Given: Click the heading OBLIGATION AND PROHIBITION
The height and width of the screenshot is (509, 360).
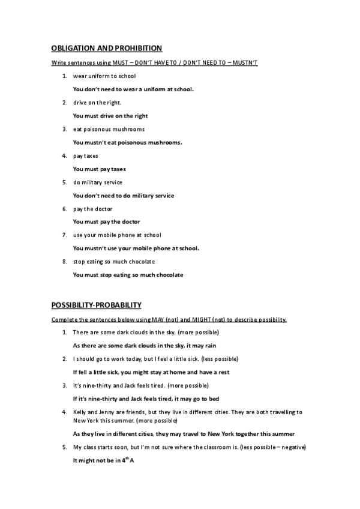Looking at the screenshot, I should [x=106, y=48].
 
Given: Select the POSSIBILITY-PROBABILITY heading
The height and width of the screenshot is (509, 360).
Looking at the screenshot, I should [x=96, y=305].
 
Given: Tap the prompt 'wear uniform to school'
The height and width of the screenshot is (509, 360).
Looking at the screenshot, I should [x=104, y=76].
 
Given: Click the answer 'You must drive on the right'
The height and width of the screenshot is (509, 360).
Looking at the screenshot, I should [x=110, y=116].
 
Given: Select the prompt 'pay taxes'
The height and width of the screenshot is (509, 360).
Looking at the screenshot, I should [x=85, y=155].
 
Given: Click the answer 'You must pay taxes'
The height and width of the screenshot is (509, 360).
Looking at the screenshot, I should [x=99, y=169].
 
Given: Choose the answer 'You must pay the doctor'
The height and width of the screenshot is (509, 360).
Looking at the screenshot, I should [x=106, y=221].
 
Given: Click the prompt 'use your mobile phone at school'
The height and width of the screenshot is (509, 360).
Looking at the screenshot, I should [x=117, y=235].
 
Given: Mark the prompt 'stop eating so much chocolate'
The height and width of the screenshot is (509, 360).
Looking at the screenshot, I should [x=113, y=261].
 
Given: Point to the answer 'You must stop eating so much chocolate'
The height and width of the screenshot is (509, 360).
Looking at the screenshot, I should [x=128, y=275].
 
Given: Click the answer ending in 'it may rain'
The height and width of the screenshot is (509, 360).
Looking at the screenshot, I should [x=144, y=345].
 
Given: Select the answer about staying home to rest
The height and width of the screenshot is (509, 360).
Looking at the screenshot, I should [x=151, y=372].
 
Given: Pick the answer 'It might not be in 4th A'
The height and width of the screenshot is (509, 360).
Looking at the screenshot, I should [x=103, y=460].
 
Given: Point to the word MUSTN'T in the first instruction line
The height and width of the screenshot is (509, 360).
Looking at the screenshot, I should [x=244, y=63].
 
